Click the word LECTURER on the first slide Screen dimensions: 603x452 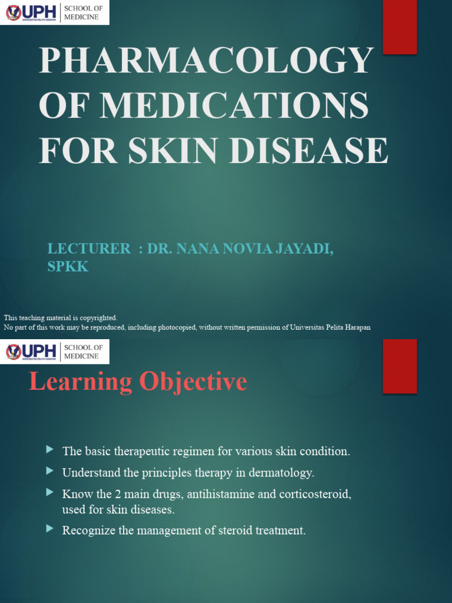pyautogui.click(x=89, y=249)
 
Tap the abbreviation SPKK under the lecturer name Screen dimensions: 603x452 pyautogui.click(x=68, y=267)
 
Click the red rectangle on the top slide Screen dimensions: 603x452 pyautogui.click(x=400, y=27)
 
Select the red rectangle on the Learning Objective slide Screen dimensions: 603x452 pyautogui.click(x=400, y=366)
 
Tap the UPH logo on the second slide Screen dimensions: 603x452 pyautogui.click(x=31, y=352)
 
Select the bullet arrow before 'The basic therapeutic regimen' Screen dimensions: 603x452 pyautogui.click(x=50, y=450)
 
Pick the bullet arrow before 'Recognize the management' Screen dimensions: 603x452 pyautogui.click(x=50, y=529)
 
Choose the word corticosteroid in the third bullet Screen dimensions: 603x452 pyautogui.click(x=315, y=494)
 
